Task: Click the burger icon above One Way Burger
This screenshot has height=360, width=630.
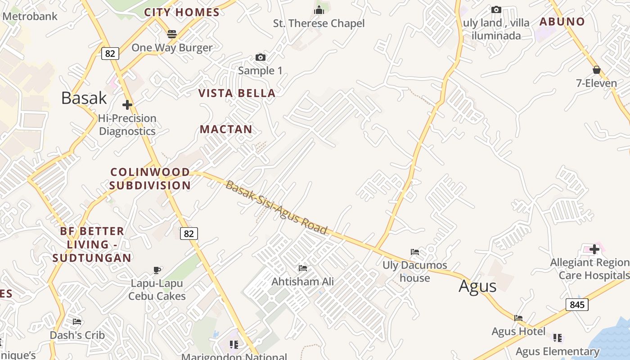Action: (x=171, y=34)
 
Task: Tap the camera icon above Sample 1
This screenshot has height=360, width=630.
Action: (x=260, y=57)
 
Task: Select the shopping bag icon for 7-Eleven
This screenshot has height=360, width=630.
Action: (x=597, y=70)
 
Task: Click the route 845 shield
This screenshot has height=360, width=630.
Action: (x=577, y=305)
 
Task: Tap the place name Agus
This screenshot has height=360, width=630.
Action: (x=477, y=286)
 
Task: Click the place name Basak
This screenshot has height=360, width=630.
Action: (x=84, y=98)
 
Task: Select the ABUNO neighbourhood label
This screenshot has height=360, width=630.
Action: (x=562, y=22)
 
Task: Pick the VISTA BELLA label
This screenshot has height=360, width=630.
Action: (x=237, y=93)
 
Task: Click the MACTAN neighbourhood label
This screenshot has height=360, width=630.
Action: (x=226, y=129)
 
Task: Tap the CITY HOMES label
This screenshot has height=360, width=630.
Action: (x=182, y=12)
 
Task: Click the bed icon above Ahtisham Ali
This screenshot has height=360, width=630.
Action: (x=303, y=268)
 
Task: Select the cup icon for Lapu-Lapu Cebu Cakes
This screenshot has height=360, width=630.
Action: (x=157, y=270)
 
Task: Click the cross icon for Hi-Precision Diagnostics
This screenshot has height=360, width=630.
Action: (x=127, y=105)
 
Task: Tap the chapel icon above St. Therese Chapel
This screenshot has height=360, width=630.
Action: (x=319, y=10)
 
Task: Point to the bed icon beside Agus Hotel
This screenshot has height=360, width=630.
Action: (x=518, y=318)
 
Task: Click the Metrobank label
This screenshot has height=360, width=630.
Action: (x=30, y=17)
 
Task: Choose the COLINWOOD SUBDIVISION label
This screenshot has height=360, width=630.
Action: (x=150, y=179)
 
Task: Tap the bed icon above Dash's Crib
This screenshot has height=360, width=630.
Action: (x=77, y=322)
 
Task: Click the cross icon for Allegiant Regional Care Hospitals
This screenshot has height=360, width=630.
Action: (x=594, y=249)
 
